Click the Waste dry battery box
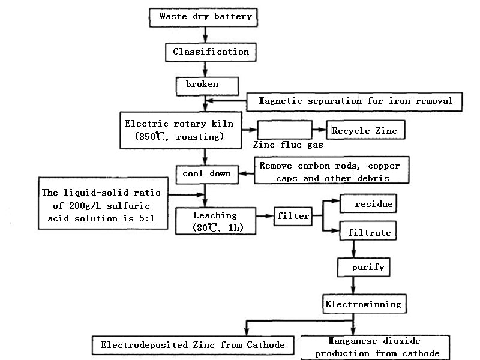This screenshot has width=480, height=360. point(205,17)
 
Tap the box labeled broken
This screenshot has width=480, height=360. point(202,85)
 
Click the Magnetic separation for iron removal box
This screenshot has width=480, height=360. point(355,101)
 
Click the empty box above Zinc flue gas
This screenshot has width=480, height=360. point(284,130)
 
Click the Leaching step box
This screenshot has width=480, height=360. point(215,221)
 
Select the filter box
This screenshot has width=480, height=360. point(293,215)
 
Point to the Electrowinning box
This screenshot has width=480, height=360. point(362,304)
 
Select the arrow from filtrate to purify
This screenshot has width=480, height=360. point(354,248)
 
